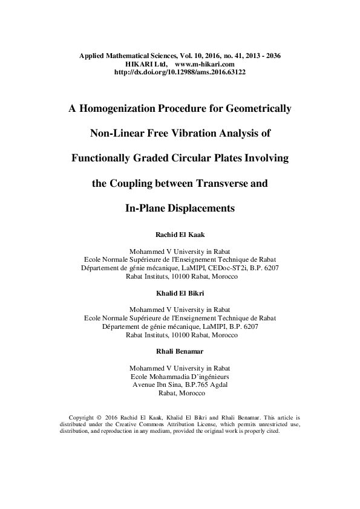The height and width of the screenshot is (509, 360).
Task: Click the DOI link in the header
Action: (180, 71)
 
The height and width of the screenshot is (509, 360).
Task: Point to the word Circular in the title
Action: (192, 158)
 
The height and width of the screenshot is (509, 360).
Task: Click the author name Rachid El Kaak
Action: (180, 234)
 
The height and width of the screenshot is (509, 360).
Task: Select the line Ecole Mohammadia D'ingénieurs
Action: (180, 377)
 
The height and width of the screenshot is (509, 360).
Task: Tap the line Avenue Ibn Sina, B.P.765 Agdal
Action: (180, 384)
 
